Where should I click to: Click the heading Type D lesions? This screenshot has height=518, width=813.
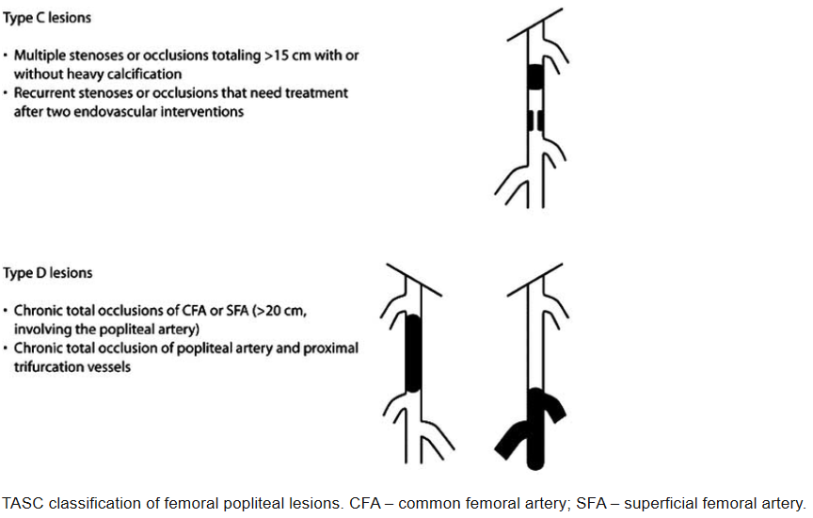click(x=48, y=273)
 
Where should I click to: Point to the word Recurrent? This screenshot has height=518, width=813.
click(x=44, y=93)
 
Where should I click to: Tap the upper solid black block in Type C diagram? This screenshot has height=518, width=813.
click(x=535, y=75)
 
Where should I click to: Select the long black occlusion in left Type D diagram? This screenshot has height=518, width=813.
click(x=412, y=354)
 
